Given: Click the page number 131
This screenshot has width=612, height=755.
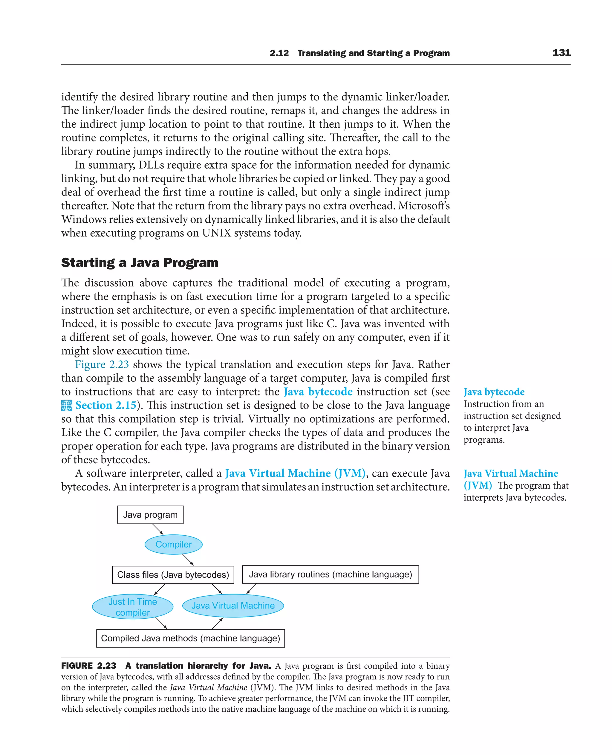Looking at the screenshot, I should pyautogui.click(x=561, y=53).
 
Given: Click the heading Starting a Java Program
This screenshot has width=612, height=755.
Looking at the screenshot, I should pyautogui.click(x=140, y=263).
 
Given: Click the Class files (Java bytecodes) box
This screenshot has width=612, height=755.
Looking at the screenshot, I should pyautogui.click(x=173, y=574).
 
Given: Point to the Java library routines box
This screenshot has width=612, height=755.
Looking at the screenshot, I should pyautogui.click(x=330, y=574).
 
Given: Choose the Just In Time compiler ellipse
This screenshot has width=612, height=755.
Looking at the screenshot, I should pyautogui.click(x=133, y=606).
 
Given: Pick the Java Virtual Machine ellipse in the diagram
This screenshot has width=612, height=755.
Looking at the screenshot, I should pyautogui.click(x=233, y=606).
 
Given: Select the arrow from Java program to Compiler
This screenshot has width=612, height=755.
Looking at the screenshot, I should pyautogui.click(x=157, y=529).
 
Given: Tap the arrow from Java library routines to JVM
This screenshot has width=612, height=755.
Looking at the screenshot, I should pyautogui.click(x=251, y=589).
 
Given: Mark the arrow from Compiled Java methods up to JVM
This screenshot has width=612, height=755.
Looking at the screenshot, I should pyautogui.click(x=217, y=623).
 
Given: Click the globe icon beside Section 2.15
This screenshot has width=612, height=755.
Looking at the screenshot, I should pyautogui.click(x=67, y=406).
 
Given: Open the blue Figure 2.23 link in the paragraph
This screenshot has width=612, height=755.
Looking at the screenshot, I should pyautogui.click(x=102, y=364).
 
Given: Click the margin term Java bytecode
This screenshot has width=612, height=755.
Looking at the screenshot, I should pyautogui.click(x=494, y=392).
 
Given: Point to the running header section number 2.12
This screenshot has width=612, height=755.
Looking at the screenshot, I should pyautogui.click(x=279, y=53).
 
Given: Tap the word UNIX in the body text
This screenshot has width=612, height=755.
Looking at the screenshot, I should pyautogui.click(x=216, y=233).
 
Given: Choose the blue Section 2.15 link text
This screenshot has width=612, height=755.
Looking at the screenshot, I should pyautogui.click(x=106, y=405).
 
